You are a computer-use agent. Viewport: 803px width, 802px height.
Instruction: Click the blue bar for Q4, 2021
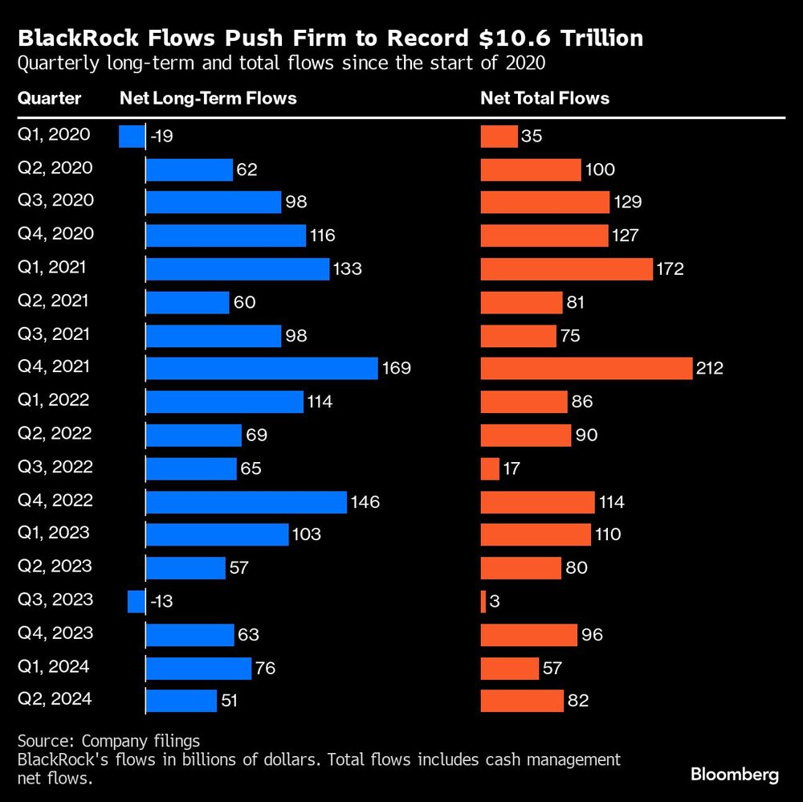[x=261, y=368]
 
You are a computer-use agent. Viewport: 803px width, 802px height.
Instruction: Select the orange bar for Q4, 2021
[x=586, y=368]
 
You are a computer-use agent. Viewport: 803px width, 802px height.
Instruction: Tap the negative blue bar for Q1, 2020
[x=131, y=137]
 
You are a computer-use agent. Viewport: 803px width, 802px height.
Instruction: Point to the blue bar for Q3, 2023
[x=136, y=600]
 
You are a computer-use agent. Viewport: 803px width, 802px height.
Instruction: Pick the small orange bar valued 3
[x=483, y=600]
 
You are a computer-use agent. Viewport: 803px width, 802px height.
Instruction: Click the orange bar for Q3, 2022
[x=490, y=468]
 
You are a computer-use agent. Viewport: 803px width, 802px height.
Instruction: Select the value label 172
[x=670, y=268]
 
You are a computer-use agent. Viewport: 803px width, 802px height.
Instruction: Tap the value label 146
[x=365, y=501]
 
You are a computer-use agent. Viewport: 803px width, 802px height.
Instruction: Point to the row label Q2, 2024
[x=55, y=699]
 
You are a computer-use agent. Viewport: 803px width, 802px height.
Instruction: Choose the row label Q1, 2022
[x=54, y=400]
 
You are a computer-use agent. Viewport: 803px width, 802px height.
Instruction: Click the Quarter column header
[x=50, y=98]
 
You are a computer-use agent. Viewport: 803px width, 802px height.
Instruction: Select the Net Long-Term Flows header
[x=208, y=98]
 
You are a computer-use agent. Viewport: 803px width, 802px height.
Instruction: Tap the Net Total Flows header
[x=544, y=98]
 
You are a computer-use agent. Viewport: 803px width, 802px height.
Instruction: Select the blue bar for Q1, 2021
[x=237, y=268]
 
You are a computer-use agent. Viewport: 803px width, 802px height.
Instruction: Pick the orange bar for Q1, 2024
[x=509, y=668]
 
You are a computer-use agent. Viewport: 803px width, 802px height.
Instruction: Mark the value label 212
[x=710, y=368]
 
